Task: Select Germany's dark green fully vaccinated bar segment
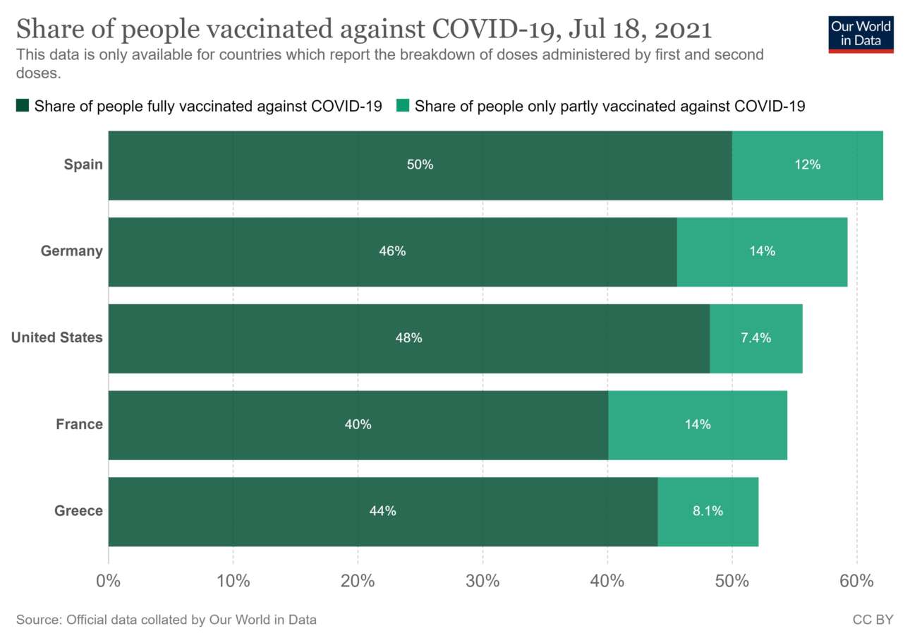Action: click(x=392, y=252)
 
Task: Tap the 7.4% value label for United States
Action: click(x=756, y=338)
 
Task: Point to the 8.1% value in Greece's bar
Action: click(x=708, y=511)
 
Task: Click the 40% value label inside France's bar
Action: click(x=358, y=424)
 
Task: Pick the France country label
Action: click(x=79, y=424)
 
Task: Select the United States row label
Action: click(x=56, y=337)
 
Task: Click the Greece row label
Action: click(x=78, y=511)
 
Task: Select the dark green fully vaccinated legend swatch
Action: click(x=22, y=107)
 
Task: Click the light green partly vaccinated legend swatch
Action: click(x=402, y=107)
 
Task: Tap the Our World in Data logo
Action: click(x=861, y=33)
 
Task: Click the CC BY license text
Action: click(x=873, y=620)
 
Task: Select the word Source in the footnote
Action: click(x=37, y=620)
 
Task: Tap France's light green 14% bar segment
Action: click(x=698, y=425)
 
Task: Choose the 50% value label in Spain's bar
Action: click(x=420, y=165)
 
